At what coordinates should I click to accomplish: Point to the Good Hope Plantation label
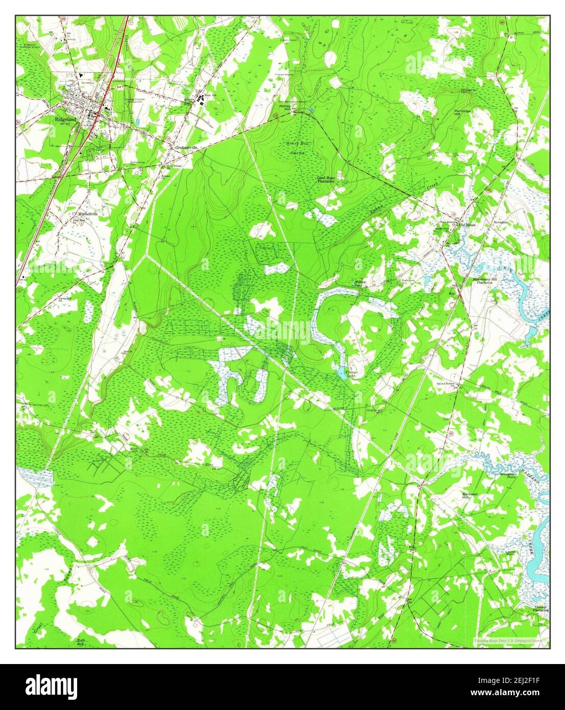(x=325, y=180)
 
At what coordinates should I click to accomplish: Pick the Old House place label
(x=467, y=225)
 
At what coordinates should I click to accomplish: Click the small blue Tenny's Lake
(x=341, y=372)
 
